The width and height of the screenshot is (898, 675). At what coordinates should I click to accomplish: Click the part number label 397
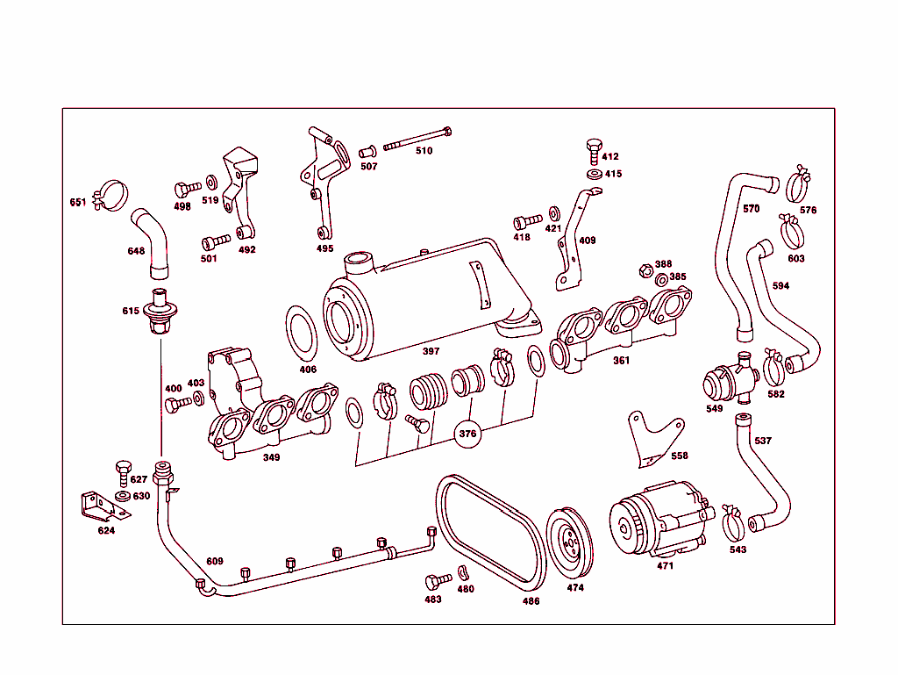coord(431,351)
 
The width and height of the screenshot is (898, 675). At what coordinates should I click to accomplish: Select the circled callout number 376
coord(468,433)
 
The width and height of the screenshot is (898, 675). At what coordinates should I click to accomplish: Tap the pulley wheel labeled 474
coord(570,543)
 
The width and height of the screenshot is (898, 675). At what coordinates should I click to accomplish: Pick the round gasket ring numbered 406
coord(304,334)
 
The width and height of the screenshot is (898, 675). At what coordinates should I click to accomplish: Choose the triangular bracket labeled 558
coord(653,438)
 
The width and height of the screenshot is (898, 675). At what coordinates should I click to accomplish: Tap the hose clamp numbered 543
coord(735,525)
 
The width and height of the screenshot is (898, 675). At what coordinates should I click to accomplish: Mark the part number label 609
coord(215,562)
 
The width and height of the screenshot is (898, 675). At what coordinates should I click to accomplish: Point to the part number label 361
coord(621,361)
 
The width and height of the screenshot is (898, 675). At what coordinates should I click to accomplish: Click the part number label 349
coord(272,457)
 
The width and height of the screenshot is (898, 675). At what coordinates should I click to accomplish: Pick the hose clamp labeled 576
coord(798,185)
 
